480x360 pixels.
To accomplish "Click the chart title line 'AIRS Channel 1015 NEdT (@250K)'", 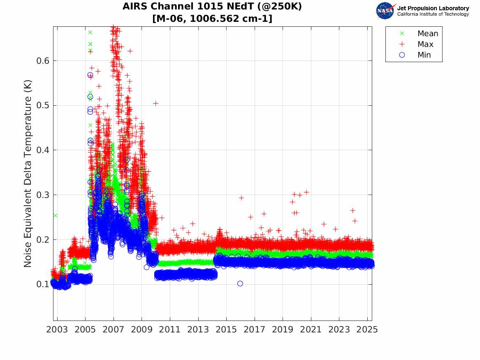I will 212,7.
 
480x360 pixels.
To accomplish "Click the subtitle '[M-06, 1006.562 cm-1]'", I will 212,19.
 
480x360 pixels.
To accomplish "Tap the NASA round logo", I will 385,11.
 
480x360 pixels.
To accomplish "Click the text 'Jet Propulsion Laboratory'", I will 433,8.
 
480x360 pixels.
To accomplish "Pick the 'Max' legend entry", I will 425,44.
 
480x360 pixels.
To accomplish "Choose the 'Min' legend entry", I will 424,55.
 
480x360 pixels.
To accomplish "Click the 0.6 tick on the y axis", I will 43,61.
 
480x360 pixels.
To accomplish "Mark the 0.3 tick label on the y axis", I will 43,195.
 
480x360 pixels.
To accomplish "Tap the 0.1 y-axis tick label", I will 43,284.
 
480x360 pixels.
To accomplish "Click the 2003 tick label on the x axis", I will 57,330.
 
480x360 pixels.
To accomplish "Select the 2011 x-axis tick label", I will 170,330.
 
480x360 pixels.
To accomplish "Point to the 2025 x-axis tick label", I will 367,330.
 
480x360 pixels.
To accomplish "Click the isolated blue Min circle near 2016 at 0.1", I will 240,283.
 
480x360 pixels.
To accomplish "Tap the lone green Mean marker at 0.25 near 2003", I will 55,215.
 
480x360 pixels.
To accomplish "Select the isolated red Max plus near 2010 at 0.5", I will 155,103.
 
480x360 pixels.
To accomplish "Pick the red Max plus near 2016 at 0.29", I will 241,198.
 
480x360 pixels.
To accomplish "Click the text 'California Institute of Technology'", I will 433,14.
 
